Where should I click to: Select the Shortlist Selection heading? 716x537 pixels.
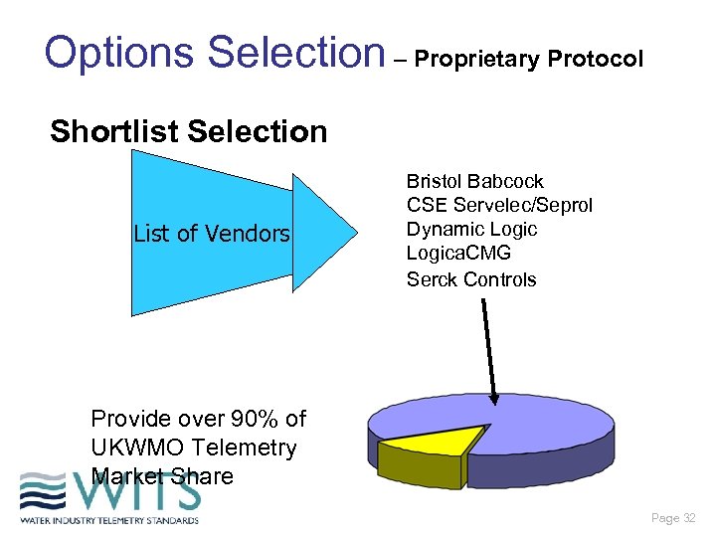click(188, 131)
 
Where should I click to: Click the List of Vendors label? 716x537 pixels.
click(212, 234)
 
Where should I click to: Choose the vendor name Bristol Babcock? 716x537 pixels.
click(474, 181)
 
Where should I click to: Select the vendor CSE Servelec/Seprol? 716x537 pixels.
click(498, 205)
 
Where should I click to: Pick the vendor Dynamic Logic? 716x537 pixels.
click(471, 229)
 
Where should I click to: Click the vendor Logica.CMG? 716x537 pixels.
click(458, 254)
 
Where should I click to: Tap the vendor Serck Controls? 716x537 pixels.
click(470, 278)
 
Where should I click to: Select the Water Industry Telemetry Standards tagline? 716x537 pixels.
click(109, 519)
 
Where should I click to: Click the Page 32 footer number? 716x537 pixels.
click(673, 518)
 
